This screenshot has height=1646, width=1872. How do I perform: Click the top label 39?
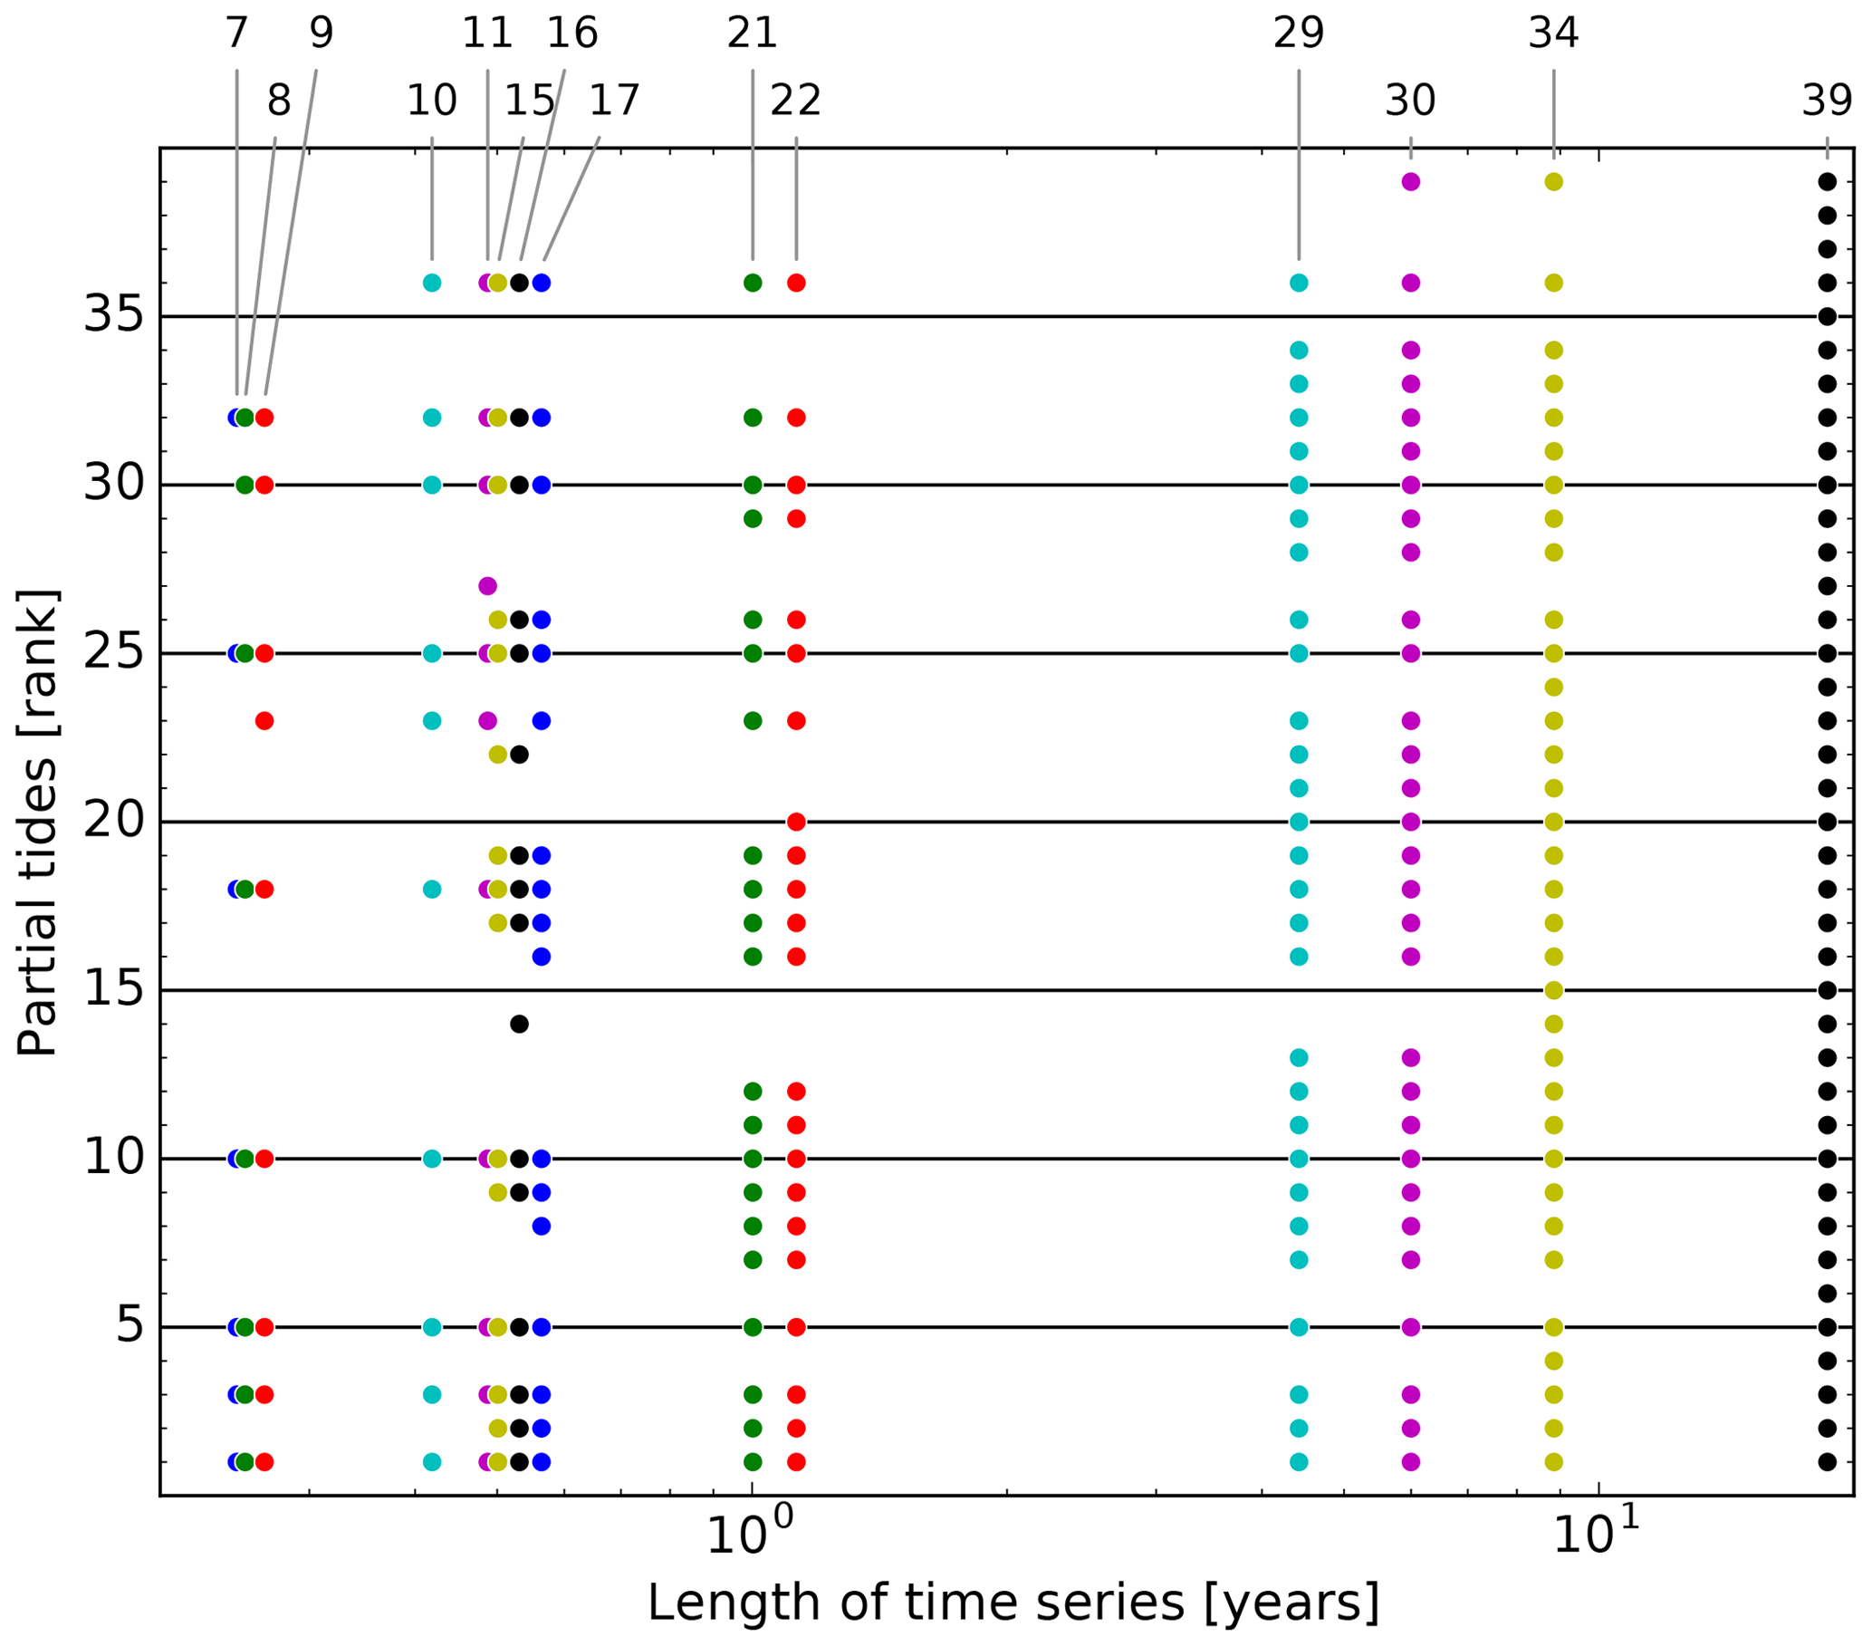(x=1826, y=101)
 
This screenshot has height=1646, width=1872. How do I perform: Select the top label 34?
(x=1553, y=34)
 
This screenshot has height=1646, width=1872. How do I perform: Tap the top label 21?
(x=752, y=34)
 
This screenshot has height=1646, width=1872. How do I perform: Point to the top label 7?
(x=236, y=34)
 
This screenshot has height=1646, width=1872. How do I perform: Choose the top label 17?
(x=614, y=101)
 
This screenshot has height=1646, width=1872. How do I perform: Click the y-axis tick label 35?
(x=113, y=316)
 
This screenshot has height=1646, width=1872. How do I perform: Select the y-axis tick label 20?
(x=113, y=822)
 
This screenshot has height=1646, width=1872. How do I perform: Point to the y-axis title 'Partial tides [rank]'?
(x=38, y=822)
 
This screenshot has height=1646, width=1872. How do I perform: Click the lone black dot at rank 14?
(x=519, y=1024)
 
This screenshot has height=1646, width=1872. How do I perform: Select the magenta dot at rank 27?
(x=487, y=586)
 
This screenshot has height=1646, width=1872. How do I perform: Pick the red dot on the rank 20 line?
(x=796, y=822)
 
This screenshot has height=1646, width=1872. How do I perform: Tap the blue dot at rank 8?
(x=542, y=1226)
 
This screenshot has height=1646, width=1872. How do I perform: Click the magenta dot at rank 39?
(x=1410, y=182)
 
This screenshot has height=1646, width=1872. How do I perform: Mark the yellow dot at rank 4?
(x=1553, y=1361)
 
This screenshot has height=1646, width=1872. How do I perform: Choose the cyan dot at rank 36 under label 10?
(x=432, y=283)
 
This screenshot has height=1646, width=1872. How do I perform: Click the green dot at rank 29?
(x=753, y=518)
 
